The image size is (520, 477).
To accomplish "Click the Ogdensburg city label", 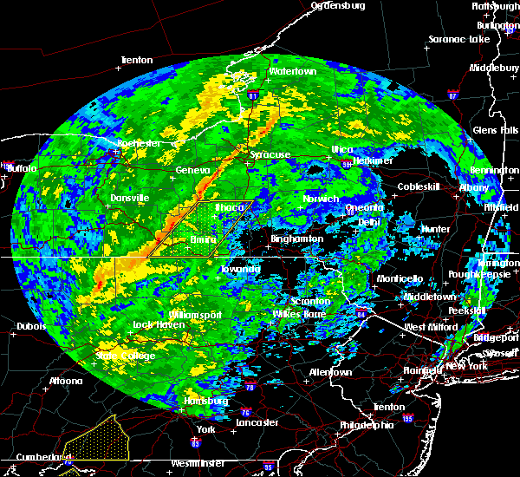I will (338, 5).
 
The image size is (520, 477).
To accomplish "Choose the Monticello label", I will (400, 278).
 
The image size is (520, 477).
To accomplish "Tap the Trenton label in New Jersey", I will (382, 406).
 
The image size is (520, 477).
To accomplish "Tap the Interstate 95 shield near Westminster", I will (269, 467).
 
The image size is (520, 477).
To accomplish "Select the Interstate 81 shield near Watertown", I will (252, 95).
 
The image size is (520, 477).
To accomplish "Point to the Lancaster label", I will (257, 422).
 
